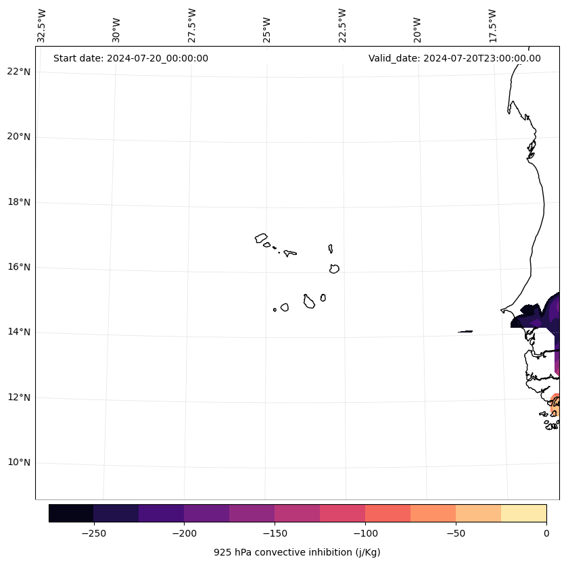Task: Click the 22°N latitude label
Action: (19, 72)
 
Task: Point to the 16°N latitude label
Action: (19, 267)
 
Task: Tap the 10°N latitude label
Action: (19, 462)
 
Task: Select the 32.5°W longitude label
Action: (42, 26)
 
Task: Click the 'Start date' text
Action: (131, 58)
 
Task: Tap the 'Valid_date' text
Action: (454, 58)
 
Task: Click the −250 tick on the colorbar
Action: (93, 533)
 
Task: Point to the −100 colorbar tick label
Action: (365, 533)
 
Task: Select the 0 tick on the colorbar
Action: (546, 533)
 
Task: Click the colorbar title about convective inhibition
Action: (297, 552)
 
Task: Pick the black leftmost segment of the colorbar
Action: (71, 513)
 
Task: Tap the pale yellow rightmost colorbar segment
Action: (523, 513)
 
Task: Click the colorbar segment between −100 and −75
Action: (387, 513)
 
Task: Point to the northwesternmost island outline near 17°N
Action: (261, 238)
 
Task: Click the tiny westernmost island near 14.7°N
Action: (275, 310)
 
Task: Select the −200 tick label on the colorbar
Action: (184, 533)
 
